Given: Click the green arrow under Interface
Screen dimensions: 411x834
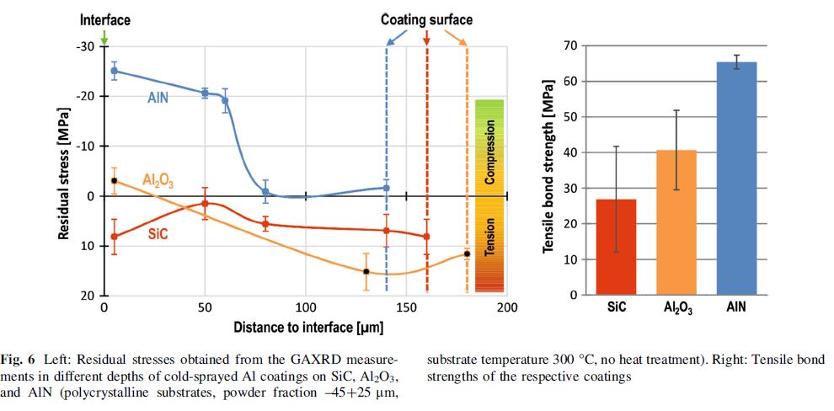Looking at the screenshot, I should tap(104, 38).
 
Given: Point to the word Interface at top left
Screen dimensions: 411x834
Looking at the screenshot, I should tap(104, 19).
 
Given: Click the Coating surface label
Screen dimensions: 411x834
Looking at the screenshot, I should tap(426, 19).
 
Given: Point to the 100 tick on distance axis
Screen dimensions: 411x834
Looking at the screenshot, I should tap(305, 307).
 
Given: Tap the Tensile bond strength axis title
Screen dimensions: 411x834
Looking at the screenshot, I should tap(548, 168).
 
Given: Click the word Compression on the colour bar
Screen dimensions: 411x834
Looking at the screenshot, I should tap(489, 152).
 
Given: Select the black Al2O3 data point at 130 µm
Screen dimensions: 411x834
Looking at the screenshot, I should tap(366, 271).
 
